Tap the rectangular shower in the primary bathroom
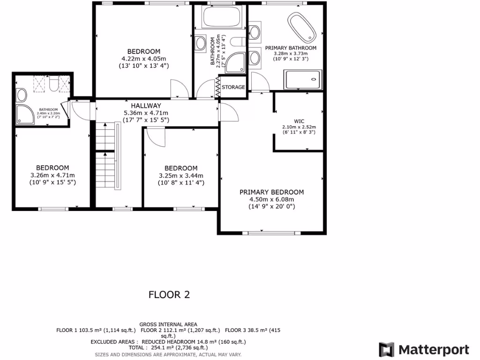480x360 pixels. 303,79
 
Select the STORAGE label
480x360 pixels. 233,87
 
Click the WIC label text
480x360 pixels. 299,121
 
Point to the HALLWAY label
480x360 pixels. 146,106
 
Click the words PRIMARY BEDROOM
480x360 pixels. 271,192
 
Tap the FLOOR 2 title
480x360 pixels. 169,295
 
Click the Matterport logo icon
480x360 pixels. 387,350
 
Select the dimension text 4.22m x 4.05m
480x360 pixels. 144,59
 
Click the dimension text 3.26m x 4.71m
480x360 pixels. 52,175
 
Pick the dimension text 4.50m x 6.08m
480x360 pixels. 271,199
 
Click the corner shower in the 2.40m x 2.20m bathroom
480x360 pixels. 25,114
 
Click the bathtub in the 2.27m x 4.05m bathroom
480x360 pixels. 221,18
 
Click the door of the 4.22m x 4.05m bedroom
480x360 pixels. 180,89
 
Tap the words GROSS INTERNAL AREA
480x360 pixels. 168,324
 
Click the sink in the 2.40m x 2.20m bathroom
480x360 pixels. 21,95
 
